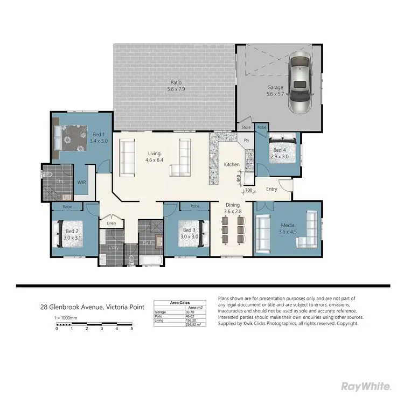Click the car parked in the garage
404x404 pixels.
click(x=300, y=84)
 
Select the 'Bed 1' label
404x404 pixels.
click(x=99, y=137)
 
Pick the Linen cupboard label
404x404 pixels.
click(x=112, y=223)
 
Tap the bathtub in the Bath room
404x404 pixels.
click(x=150, y=262)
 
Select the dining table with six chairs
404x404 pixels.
click(x=233, y=233)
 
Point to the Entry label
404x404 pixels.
click(x=271, y=189)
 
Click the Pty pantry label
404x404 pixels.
click(x=247, y=140)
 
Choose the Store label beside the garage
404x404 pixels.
click(x=246, y=127)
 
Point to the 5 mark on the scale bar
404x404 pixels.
click(x=132, y=328)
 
